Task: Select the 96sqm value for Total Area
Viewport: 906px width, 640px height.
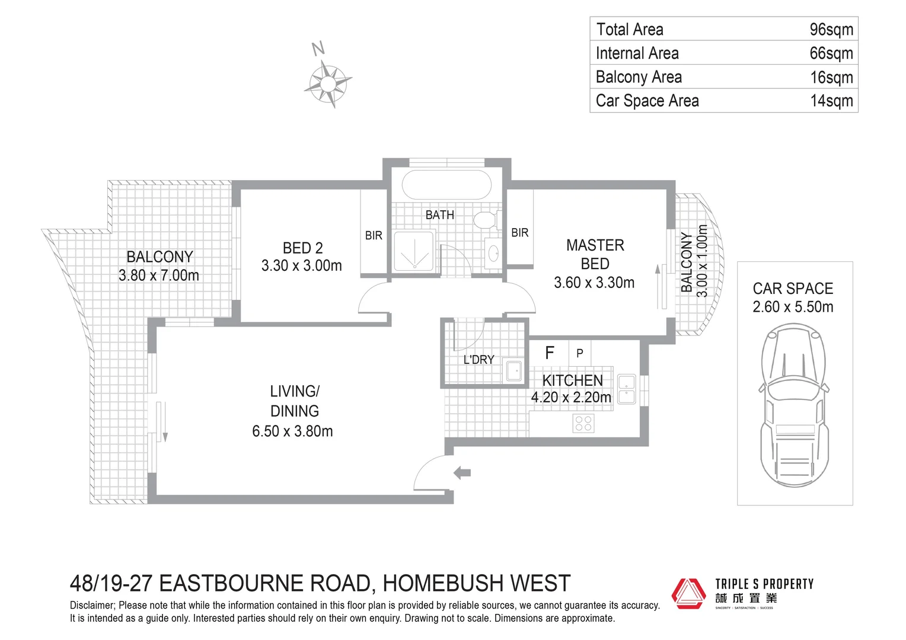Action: coord(831,30)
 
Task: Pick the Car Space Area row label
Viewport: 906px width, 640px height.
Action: coord(647,101)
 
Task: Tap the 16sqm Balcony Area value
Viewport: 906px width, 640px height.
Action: coord(831,77)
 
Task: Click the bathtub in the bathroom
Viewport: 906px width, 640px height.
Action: coord(446,185)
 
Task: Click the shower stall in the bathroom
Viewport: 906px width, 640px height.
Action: coord(414,251)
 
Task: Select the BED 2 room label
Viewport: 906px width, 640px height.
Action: coord(302,248)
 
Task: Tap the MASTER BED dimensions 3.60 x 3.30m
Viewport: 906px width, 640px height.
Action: coord(594,283)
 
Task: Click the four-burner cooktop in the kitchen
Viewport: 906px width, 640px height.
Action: coord(583,424)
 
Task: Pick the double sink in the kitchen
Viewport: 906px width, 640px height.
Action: coord(626,389)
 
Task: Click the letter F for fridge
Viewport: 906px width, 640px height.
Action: coord(549,353)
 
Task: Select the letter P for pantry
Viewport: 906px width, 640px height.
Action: coord(580,353)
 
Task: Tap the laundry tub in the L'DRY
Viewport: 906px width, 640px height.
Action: coord(514,371)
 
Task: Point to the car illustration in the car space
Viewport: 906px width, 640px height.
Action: coord(794,405)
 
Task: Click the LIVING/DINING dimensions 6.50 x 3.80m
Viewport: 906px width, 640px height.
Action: coord(292,431)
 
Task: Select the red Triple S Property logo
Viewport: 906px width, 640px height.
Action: coord(688,593)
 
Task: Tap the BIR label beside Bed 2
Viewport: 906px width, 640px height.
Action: coord(374,235)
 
